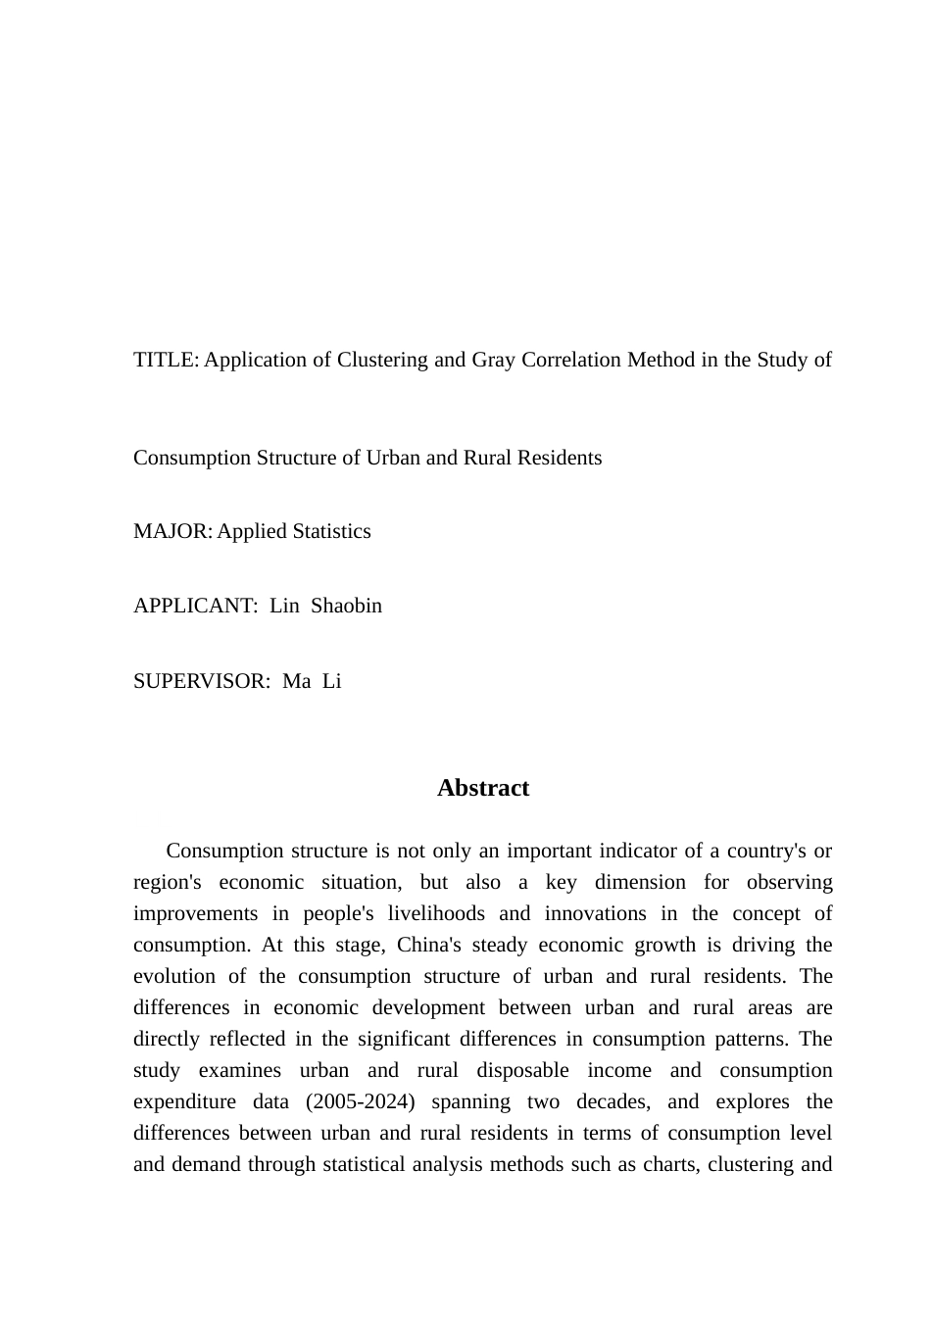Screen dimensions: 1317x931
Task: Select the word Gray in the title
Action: coord(493,360)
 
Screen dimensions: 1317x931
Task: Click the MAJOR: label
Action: coord(172,531)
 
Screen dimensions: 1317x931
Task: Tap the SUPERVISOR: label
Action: coord(202,681)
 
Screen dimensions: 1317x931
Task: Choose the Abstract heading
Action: coord(483,788)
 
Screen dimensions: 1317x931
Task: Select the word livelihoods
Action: coord(435,913)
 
